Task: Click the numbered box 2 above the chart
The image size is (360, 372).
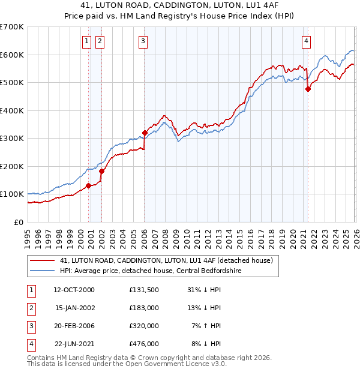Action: (x=99, y=41)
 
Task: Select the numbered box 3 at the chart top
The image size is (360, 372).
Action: (x=144, y=41)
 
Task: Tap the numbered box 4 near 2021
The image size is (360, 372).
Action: (x=306, y=41)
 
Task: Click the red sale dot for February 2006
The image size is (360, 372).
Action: (x=145, y=133)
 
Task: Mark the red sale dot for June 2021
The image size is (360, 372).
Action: (x=308, y=89)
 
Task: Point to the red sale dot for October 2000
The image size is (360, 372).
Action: (x=88, y=185)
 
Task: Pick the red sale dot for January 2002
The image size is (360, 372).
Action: (x=101, y=171)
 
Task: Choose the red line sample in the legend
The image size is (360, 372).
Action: (x=42, y=260)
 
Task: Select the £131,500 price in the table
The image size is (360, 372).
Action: (x=144, y=290)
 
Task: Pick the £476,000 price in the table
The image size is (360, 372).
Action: (x=144, y=344)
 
